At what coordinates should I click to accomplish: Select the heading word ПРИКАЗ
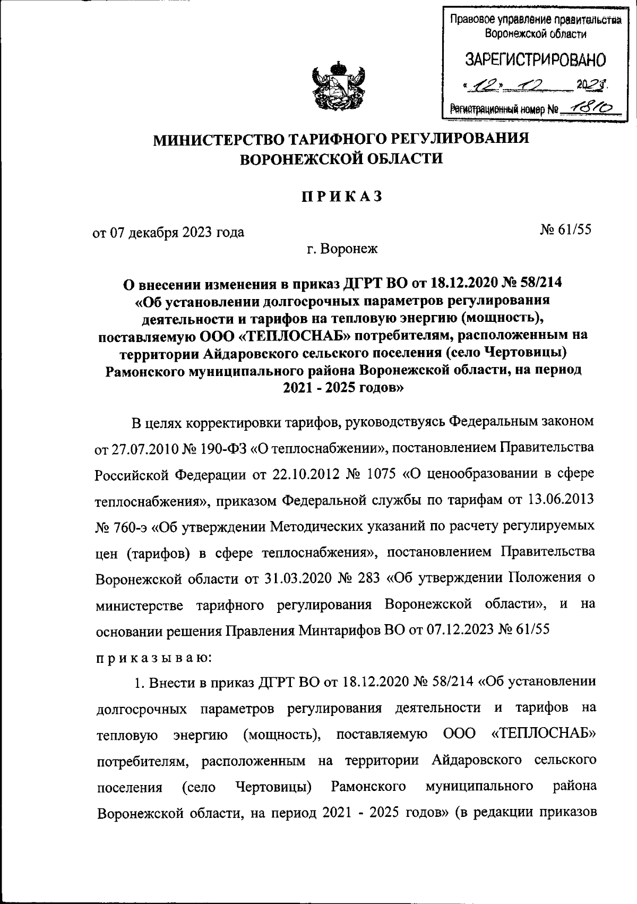[x=342, y=197]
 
